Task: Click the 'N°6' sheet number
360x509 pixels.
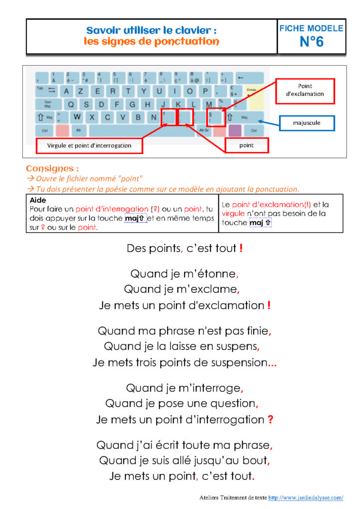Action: pos(311,42)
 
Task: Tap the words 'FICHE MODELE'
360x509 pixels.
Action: pos(311,28)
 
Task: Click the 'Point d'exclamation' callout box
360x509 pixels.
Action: pos(305,90)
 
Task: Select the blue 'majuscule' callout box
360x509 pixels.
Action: pos(306,122)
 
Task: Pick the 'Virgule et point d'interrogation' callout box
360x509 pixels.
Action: pos(90,146)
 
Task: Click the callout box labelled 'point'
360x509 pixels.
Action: pos(247,145)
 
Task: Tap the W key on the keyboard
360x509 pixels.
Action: pos(77,117)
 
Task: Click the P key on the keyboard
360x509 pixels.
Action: pos(205,91)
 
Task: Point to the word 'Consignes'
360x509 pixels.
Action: pos(52,169)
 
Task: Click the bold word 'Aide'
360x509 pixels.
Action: pos(38,200)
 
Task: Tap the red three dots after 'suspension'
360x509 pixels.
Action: pos(272,363)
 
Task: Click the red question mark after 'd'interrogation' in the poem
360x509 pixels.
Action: pos(270,420)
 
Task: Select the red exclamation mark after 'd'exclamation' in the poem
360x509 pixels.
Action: pos(269,306)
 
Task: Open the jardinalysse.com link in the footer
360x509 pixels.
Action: pos(306,497)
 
